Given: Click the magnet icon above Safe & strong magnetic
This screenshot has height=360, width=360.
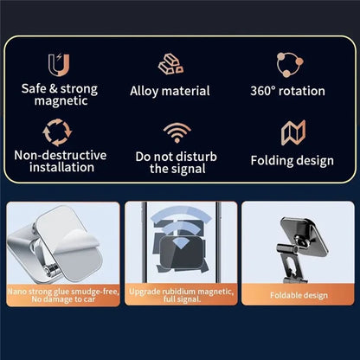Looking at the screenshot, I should (60, 63).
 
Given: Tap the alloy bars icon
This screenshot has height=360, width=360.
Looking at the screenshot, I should (170, 63).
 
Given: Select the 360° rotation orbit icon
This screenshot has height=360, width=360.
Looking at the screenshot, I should (289, 63).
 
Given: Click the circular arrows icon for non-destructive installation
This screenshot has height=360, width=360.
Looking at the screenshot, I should (59, 132).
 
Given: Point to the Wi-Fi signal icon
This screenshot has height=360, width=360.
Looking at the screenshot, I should (177, 132).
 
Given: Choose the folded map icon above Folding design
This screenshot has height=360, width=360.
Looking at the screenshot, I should (292, 132).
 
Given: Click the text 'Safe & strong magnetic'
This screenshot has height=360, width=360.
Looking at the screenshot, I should (60, 95).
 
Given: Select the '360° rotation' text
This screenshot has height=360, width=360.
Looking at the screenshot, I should (287, 91).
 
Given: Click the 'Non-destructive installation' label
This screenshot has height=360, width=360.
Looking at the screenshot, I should (61, 162).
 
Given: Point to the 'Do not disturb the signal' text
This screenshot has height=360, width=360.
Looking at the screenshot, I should (177, 162).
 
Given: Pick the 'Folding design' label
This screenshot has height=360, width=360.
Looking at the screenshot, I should (291, 160).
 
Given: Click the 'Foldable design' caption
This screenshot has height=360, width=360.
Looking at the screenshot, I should (298, 295).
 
